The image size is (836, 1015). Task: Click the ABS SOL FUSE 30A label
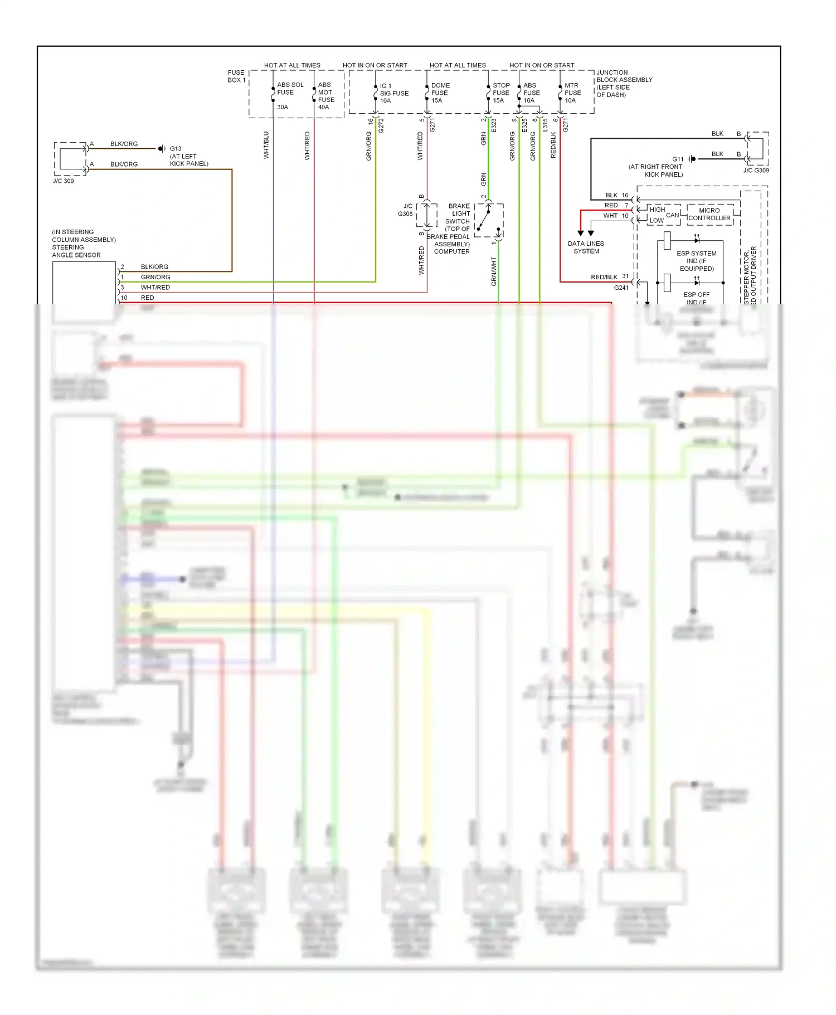tap(290, 95)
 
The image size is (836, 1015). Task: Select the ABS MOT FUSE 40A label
tap(326, 96)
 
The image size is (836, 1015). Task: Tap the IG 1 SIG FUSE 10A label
tap(393, 93)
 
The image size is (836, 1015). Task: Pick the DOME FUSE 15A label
tap(440, 93)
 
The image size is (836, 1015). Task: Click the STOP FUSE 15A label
tap(500, 93)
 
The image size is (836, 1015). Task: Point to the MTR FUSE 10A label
tap(572, 93)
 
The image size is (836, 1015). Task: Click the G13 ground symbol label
tap(175, 149)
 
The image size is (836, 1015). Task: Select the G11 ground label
tap(677, 159)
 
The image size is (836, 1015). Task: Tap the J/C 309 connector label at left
tap(63, 181)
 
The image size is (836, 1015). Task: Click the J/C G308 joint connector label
tap(406, 210)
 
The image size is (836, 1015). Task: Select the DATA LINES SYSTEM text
tap(586, 247)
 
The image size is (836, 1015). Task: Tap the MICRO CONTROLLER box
tap(709, 215)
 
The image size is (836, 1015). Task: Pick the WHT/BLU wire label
tap(266, 145)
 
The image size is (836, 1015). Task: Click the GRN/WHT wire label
tap(493, 271)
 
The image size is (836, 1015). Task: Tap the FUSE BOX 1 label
tap(236, 76)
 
